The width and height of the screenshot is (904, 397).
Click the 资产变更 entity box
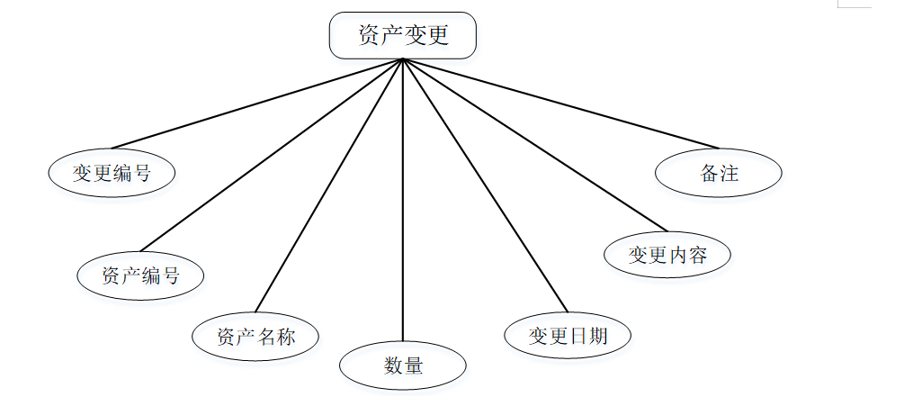402,36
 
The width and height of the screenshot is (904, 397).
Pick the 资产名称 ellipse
256,338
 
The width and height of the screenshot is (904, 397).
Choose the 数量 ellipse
402,365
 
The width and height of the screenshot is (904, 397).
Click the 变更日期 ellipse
568,336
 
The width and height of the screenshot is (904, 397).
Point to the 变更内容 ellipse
667,255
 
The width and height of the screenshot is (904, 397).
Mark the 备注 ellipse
719,174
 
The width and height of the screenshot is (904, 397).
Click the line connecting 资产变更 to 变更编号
256,104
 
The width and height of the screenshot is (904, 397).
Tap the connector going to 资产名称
329,185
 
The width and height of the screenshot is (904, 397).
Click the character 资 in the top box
368,36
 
